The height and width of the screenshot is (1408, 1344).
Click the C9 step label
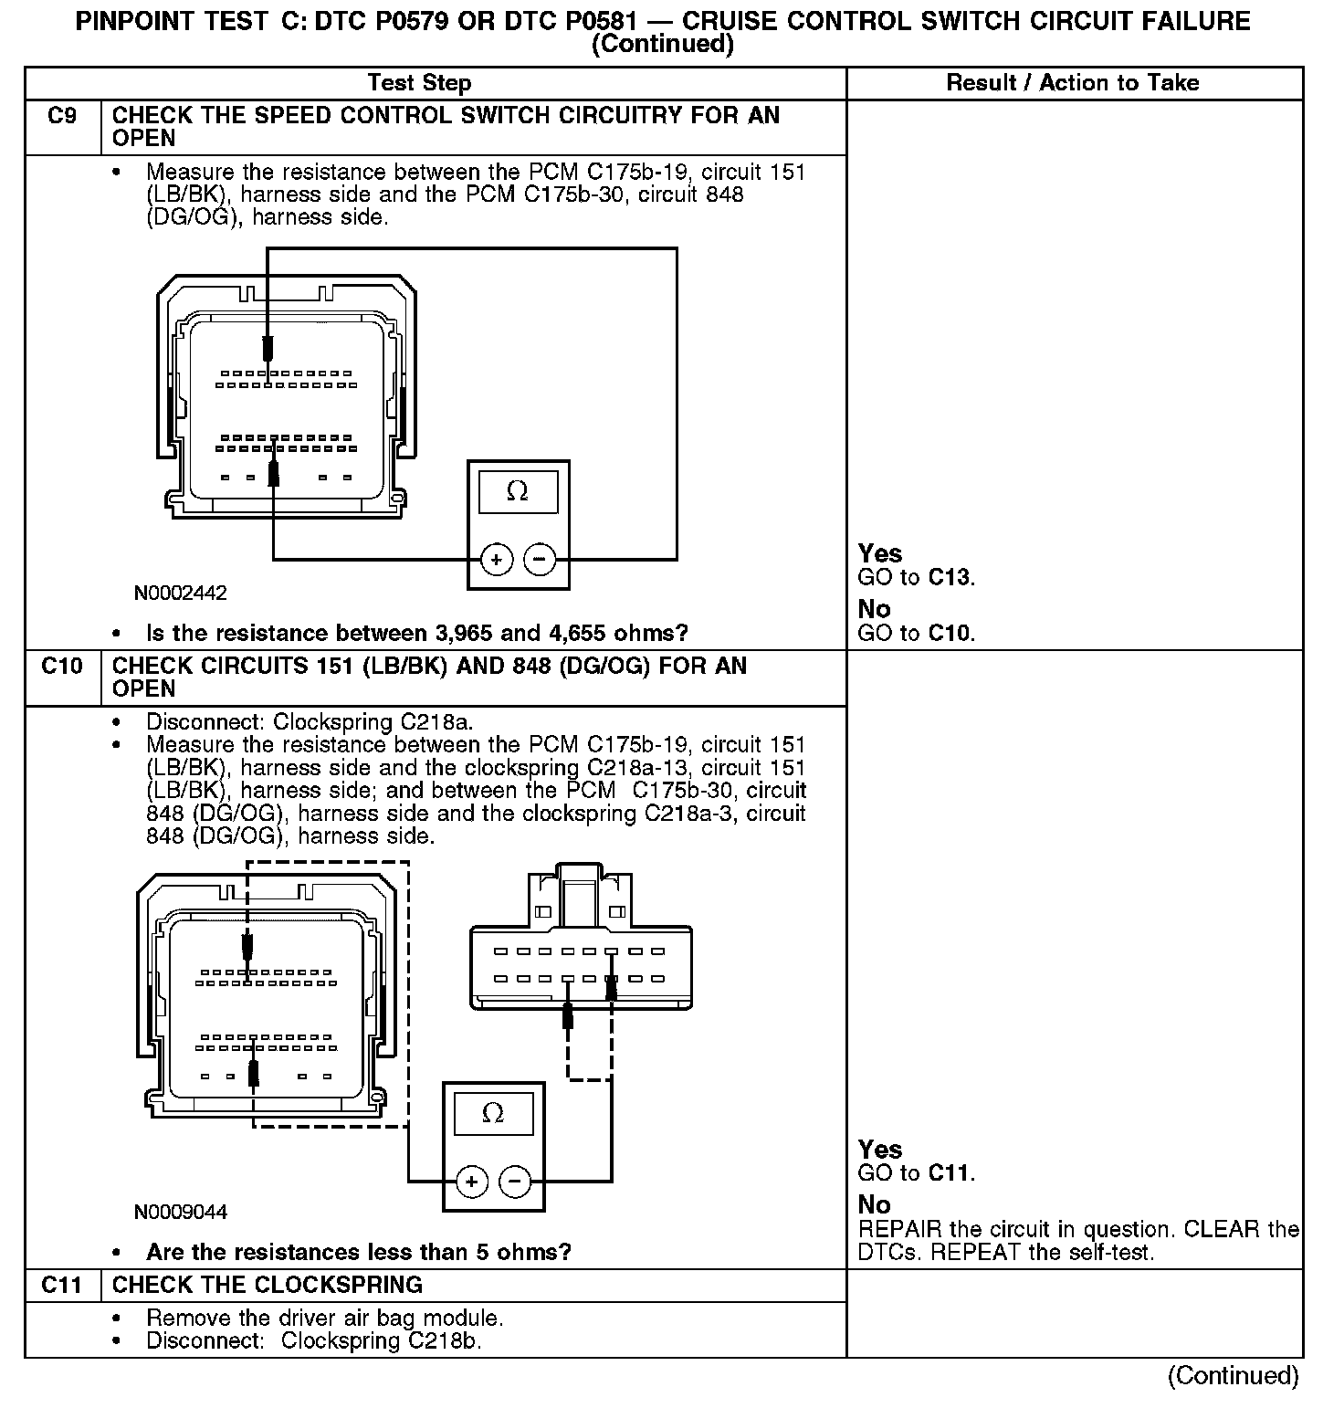62,116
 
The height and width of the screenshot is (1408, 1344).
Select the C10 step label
62,667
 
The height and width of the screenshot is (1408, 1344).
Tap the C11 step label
62,1285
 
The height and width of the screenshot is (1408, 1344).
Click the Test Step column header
419,83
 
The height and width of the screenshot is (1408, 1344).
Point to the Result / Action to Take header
1072,83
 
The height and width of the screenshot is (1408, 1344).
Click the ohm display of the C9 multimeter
518,491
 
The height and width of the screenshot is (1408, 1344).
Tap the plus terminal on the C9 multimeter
496,559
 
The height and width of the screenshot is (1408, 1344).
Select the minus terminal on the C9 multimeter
540,559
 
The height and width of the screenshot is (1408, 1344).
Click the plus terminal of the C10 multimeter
471,1182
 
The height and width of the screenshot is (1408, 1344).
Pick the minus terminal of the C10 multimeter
515,1182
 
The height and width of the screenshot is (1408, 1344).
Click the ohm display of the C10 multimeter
493,1113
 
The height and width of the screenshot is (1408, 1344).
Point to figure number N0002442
180,593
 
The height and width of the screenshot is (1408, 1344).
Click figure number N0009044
180,1212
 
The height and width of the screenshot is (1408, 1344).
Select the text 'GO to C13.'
916,577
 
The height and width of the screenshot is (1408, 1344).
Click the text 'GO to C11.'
916,1173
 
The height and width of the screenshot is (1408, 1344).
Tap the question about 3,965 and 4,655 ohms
416,633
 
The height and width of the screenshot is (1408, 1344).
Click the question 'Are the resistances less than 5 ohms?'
358,1252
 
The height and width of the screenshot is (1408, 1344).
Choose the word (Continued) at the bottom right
1233,1375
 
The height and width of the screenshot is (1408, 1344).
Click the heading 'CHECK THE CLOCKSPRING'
267,1285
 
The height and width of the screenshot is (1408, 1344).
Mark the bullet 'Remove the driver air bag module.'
324,1318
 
